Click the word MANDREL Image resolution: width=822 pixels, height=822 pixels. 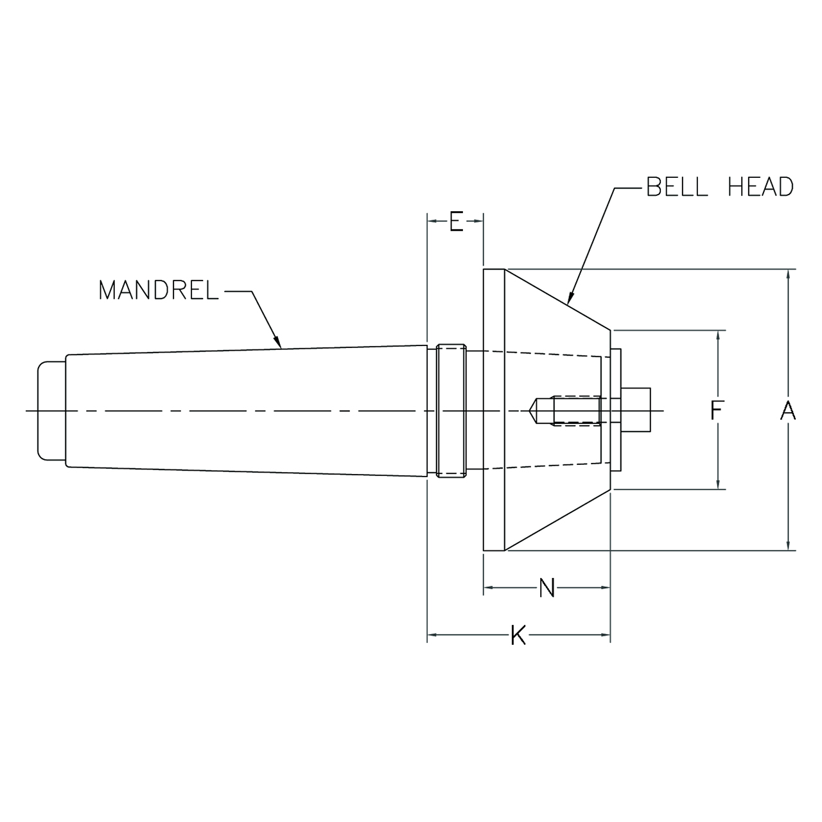pos(158,290)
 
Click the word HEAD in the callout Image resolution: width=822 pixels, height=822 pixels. pos(760,187)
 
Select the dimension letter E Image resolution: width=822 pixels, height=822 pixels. pos(455,221)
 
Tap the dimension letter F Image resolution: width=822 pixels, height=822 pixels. pos(717,410)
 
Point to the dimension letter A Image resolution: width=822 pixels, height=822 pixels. pos(788,410)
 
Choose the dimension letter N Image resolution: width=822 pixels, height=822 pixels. pos(547,587)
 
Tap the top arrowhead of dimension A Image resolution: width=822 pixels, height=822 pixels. pos(788,273)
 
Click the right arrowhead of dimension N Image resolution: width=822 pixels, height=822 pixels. pos(605,587)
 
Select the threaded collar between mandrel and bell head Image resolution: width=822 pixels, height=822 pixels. pos(451,410)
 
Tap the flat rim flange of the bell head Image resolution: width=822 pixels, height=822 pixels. pos(494,410)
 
